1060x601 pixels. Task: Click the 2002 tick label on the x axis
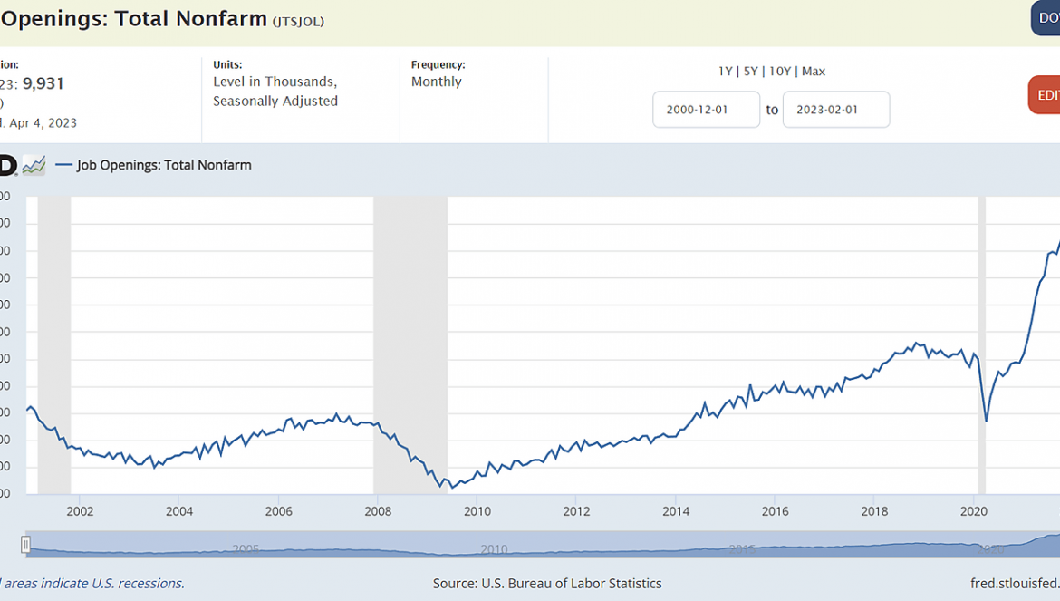tap(80, 511)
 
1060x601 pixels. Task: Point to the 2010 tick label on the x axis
tap(477, 511)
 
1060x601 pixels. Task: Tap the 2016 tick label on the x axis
tap(775, 511)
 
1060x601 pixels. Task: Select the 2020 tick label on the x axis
tap(973, 511)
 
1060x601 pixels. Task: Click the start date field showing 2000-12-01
tap(707, 110)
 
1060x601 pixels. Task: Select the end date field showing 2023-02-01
tap(835, 110)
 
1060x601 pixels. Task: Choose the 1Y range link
tap(725, 72)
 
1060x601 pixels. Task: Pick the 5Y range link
tap(749, 72)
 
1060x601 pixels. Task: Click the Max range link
tap(814, 72)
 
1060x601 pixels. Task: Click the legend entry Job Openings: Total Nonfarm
tap(164, 165)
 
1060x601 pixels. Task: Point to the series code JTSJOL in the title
tap(298, 21)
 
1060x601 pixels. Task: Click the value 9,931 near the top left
tap(43, 84)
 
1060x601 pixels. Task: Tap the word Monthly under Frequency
tap(436, 82)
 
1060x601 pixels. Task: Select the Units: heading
tap(227, 64)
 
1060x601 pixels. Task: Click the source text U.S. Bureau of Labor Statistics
tap(547, 584)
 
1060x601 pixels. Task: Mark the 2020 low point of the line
tap(986, 421)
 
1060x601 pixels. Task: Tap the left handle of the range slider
tap(26, 544)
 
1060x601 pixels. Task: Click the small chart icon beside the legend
tap(34, 165)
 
